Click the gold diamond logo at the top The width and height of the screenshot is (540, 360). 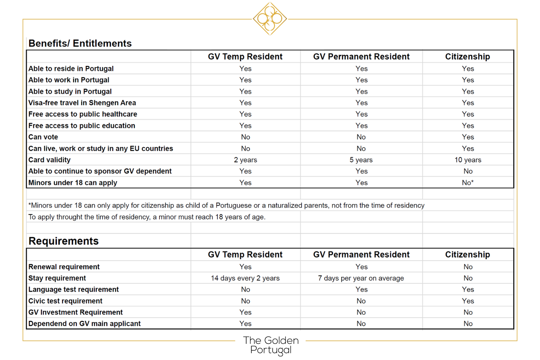(x=270, y=19)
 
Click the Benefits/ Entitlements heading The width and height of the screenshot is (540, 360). (x=80, y=44)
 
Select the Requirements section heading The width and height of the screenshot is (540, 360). (x=63, y=241)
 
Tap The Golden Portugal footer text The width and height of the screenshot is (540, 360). (x=271, y=345)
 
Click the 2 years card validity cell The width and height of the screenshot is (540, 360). (x=245, y=160)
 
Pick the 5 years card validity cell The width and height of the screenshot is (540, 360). (x=361, y=160)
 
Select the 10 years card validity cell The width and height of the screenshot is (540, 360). (x=468, y=160)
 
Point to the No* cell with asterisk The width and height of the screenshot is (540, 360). (x=468, y=183)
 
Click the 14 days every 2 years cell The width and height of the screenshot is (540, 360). (x=245, y=278)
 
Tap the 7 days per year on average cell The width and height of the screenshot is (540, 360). (x=361, y=278)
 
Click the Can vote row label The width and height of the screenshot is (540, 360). (x=43, y=137)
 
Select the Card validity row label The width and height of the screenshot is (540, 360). (x=49, y=160)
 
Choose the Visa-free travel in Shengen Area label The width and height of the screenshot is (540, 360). (x=82, y=103)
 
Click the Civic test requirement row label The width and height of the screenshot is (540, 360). (x=65, y=301)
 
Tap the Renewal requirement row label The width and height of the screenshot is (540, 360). (x=64, y=267)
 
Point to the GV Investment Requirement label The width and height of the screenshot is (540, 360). (x=76, y=312)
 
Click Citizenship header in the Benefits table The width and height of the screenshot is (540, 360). (x=467, y=57)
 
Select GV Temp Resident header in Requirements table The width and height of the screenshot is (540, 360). (x=245, y=255)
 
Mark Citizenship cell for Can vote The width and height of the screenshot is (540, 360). (x=468, y=137)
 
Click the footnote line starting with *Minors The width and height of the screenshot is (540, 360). (x=226, y=206)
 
